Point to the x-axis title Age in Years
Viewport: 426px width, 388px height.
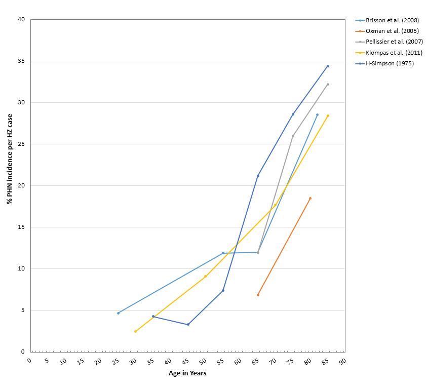[187, 373]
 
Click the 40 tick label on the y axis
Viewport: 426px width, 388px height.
[21, 20]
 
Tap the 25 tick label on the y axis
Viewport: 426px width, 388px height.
[21, 144]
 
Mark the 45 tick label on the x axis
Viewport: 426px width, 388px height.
[185, 361]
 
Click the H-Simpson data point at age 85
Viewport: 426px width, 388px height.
[328, 66]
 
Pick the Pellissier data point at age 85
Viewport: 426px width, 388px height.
[328, 84]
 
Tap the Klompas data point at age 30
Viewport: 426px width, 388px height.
[135, 331]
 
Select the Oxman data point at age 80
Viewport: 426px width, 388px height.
[310, 198]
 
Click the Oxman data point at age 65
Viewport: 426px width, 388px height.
[258, 295]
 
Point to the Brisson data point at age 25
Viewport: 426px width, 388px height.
[118, 313]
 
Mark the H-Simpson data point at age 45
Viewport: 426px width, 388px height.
[188, 325]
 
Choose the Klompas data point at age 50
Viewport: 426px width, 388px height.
[205, 276]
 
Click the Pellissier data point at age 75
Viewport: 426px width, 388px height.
[293, 136]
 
